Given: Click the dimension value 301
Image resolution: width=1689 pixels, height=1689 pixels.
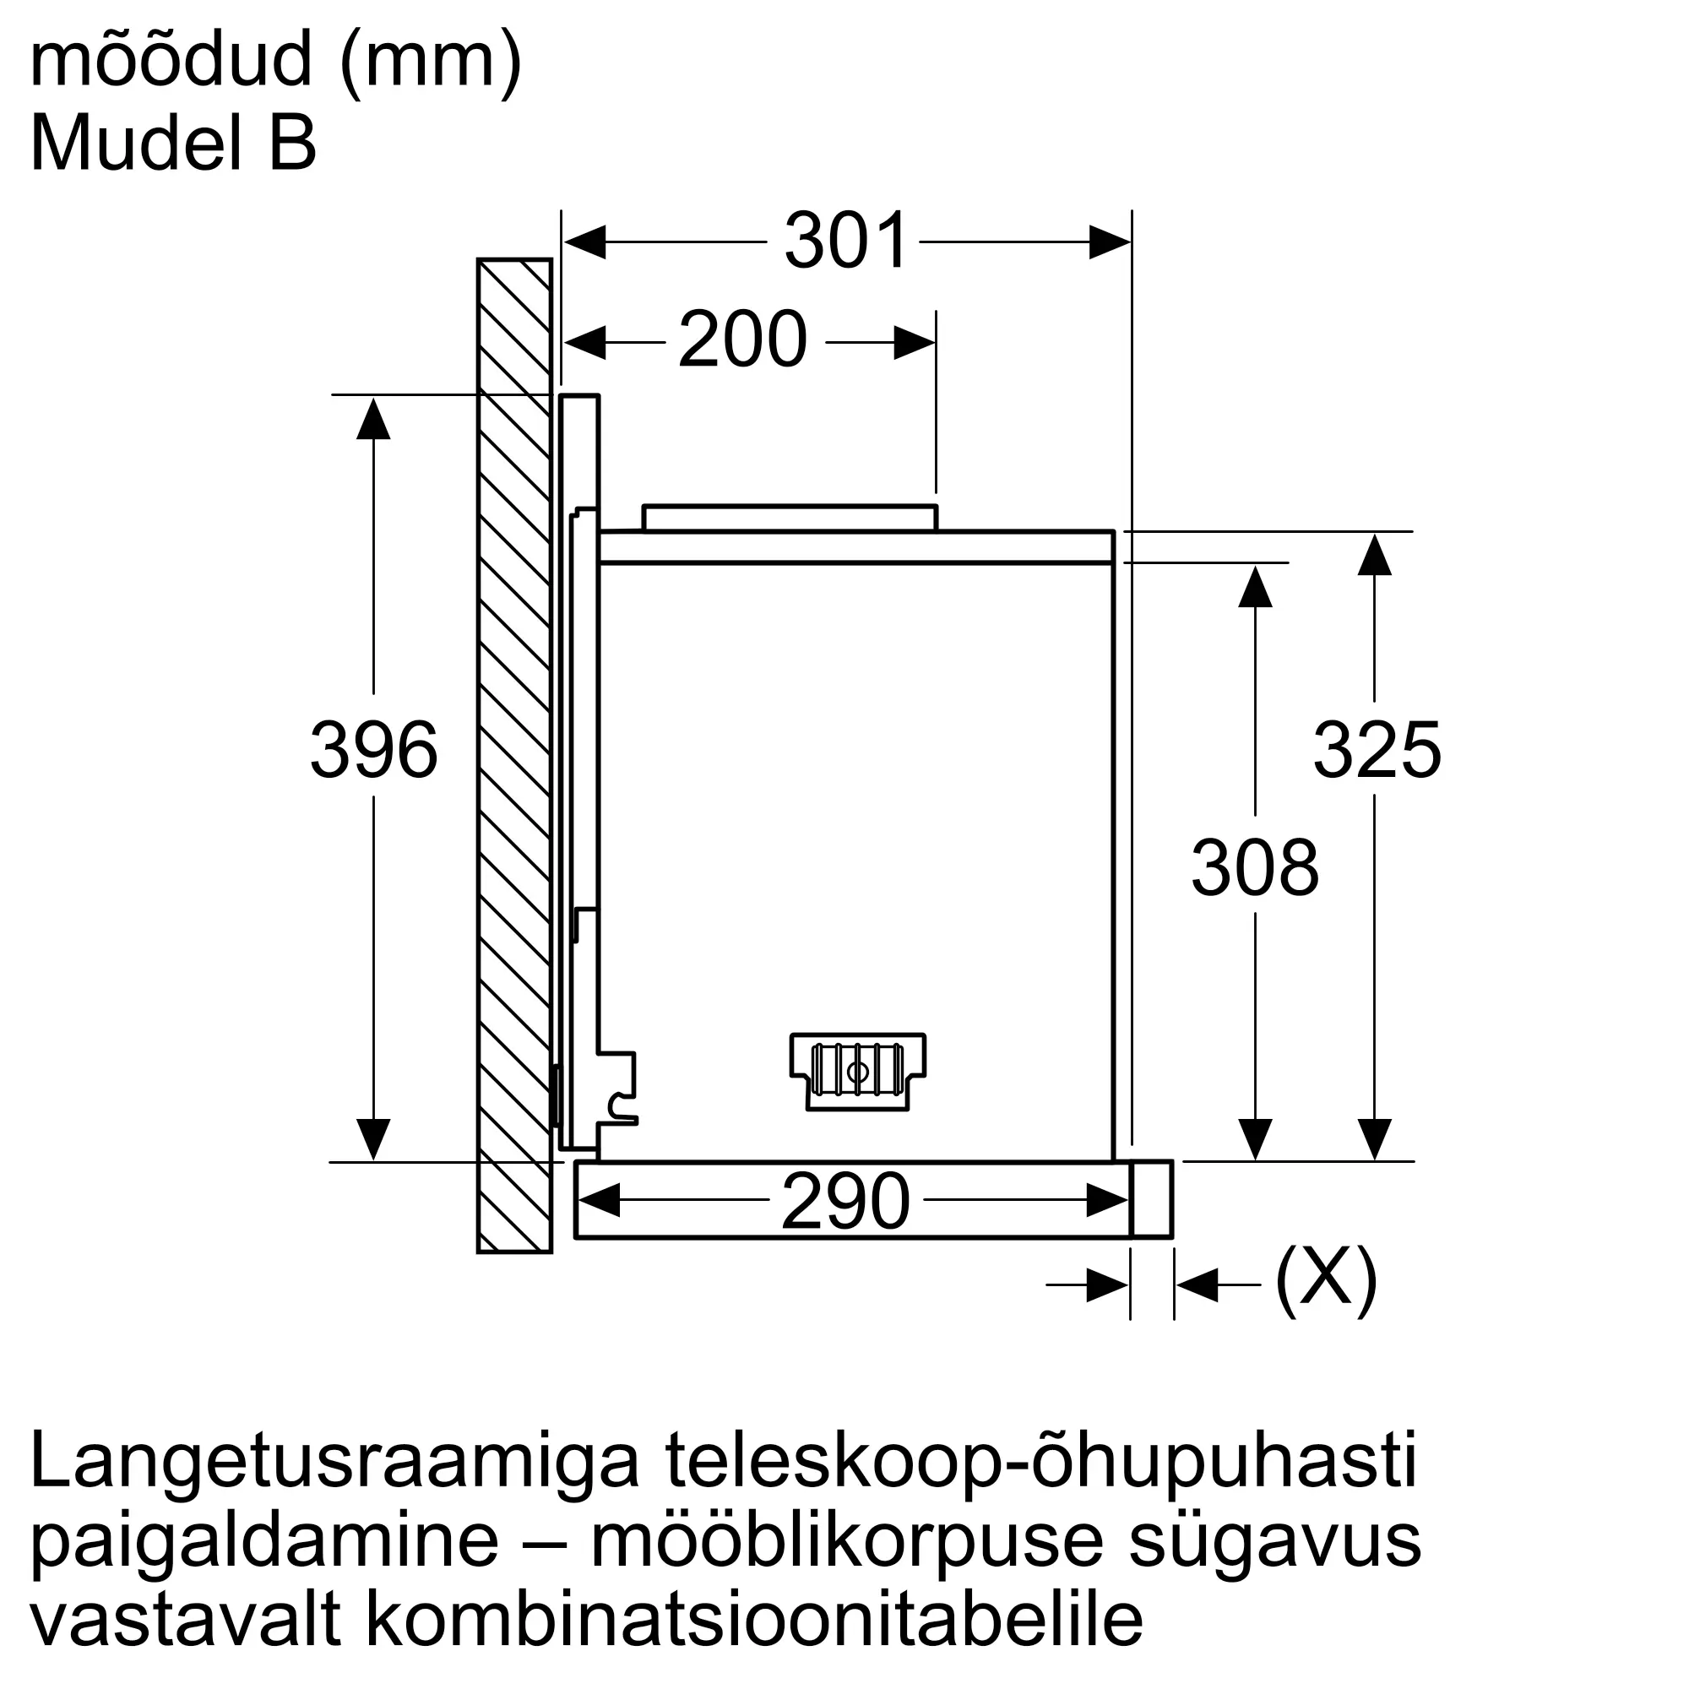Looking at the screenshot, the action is point(846,241).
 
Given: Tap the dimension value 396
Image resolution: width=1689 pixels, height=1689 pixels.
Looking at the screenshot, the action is point(373,749).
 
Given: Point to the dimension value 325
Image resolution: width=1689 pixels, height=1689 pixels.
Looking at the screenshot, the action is point(1376,749).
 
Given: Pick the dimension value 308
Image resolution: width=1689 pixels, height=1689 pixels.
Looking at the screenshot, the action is point(1255,867).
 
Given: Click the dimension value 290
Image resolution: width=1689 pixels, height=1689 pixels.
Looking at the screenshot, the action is point(845,1202).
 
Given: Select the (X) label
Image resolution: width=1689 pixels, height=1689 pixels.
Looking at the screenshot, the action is point(1325,1283).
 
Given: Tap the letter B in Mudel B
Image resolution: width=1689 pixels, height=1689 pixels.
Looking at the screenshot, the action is point(292,144).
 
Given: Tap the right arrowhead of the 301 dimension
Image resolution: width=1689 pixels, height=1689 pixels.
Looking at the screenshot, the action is point(1111,242).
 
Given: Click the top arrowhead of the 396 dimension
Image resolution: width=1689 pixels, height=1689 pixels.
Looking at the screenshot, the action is point(373,418).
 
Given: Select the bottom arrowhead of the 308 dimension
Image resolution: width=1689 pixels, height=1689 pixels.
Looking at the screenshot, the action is point(1255,1139).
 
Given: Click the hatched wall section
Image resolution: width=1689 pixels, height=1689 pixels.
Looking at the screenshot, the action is point(514,755).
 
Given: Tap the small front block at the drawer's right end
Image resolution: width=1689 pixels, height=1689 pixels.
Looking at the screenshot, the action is point(1150,1198).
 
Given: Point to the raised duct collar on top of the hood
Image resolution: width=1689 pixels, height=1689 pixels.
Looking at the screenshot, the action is point(790,518).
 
